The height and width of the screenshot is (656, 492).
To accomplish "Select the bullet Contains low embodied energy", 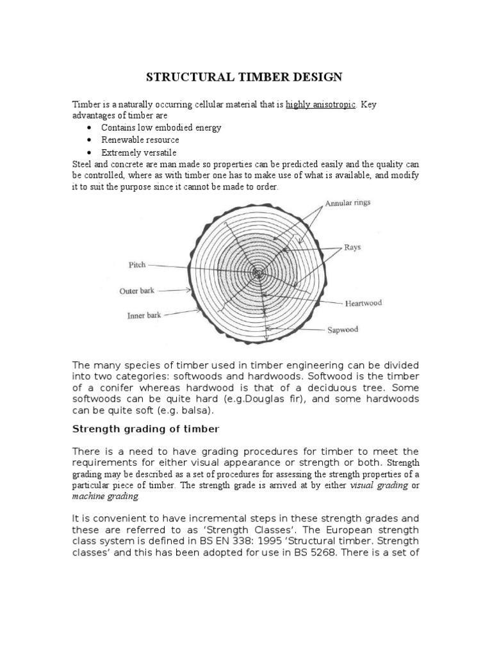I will click(x=161, y=127).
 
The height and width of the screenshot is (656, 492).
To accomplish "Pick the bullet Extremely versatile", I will click(x=138, y=152).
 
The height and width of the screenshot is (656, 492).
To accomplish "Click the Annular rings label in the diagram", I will click(x=348, y=204).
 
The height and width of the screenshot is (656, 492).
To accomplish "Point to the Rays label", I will click(x=353, y=246).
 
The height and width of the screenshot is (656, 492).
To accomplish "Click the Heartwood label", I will click(x=363, y=303).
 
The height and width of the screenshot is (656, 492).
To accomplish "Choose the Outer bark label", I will click(x=137, y=291).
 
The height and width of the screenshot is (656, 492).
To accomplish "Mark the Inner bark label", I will click(x=140, y=315).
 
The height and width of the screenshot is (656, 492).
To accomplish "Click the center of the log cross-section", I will click(x=257, y=273).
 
